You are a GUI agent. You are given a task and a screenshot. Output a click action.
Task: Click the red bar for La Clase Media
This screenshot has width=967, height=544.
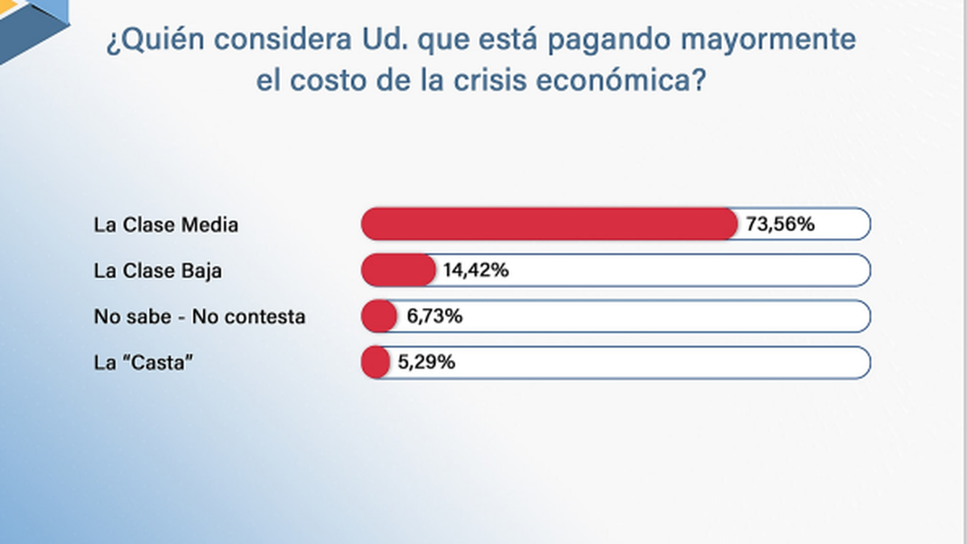(x=548, y=224)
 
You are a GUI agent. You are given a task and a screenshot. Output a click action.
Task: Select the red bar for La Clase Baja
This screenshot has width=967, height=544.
(x=398, y=270)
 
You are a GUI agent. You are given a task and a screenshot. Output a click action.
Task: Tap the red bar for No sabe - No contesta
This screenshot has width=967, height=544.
(x=379, y=316)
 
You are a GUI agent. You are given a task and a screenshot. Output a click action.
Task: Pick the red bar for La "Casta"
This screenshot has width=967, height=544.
(x=376, y=362)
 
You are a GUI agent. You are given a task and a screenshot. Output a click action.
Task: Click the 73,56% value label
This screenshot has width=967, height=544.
(x=780, y=225)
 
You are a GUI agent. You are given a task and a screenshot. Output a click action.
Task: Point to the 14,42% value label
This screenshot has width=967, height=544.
(x=475, y=271)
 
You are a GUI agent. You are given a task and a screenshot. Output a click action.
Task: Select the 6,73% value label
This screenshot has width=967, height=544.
(x=434, y=317)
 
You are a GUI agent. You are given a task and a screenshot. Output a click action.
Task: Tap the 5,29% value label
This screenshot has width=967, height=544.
(x=426, y=363)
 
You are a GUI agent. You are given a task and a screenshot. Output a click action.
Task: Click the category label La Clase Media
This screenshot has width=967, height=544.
(x=166, y=225)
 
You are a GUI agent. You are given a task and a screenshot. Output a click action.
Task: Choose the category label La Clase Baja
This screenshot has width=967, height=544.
(x=158, y=271)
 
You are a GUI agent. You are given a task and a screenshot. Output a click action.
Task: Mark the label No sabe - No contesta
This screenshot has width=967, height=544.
(x=200, y=317)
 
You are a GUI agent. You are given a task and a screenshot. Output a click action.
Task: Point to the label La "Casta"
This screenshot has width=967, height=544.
(x=145, y=363)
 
